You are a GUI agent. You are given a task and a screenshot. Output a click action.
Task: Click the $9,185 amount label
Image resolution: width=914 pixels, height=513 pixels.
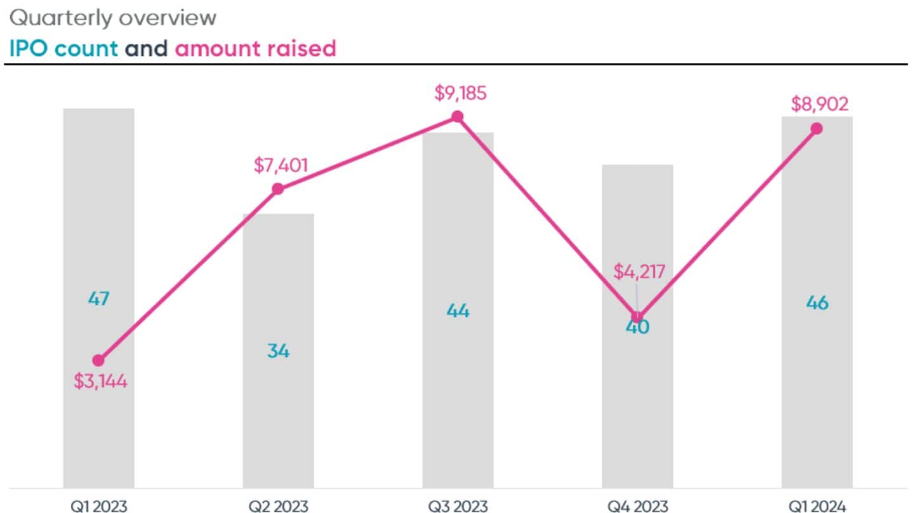(x=460, y=93)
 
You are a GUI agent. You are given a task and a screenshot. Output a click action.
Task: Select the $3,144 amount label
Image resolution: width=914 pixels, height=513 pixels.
(x=100, y=382)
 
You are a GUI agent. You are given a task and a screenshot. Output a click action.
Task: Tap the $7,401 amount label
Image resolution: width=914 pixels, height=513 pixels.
(x=281, y=166)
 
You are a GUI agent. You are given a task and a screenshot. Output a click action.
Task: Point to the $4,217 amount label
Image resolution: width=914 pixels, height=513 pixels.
(x=639, y=272)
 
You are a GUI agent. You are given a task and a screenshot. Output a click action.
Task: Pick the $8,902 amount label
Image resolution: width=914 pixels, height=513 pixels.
(x=819, y=104)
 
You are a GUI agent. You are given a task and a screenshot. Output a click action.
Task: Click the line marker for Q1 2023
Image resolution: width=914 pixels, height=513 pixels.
(x=98, y=360)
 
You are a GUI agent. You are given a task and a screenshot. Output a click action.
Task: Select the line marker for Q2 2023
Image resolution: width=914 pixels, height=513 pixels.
(x=277, y=189)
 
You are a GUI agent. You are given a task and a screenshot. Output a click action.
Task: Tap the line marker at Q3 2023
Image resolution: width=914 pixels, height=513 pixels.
(x=457, y=117)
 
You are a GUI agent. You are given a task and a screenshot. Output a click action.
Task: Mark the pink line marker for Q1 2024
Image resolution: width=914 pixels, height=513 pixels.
(x=817, y=128)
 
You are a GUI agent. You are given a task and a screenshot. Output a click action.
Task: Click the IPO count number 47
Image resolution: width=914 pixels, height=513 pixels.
(x=98, y=298)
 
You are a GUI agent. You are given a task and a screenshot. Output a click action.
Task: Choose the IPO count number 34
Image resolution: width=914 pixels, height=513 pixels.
(x=278, y=350)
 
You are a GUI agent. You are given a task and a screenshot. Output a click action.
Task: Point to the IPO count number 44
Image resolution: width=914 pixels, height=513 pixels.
(x=458, y=311)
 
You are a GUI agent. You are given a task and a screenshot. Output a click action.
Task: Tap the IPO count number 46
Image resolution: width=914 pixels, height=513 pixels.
(x=817, y=303)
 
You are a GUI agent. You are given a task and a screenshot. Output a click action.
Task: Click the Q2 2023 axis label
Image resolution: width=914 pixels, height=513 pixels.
(x=278, y=506)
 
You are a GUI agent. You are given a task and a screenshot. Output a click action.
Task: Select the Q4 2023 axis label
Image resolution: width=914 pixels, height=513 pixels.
(x=637, y=506)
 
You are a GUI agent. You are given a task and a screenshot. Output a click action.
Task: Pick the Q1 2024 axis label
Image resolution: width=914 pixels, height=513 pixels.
(x=817, y=506)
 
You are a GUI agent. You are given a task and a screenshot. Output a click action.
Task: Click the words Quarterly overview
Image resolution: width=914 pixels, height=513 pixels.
(x=113, y=18)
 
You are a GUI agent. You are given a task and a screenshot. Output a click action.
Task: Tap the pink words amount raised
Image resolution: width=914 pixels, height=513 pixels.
(x=255, y=48)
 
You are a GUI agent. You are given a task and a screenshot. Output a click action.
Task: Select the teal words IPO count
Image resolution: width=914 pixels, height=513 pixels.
(x=63, y=48)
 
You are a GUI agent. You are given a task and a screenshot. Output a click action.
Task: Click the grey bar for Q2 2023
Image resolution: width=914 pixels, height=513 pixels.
(x=278, y=413)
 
